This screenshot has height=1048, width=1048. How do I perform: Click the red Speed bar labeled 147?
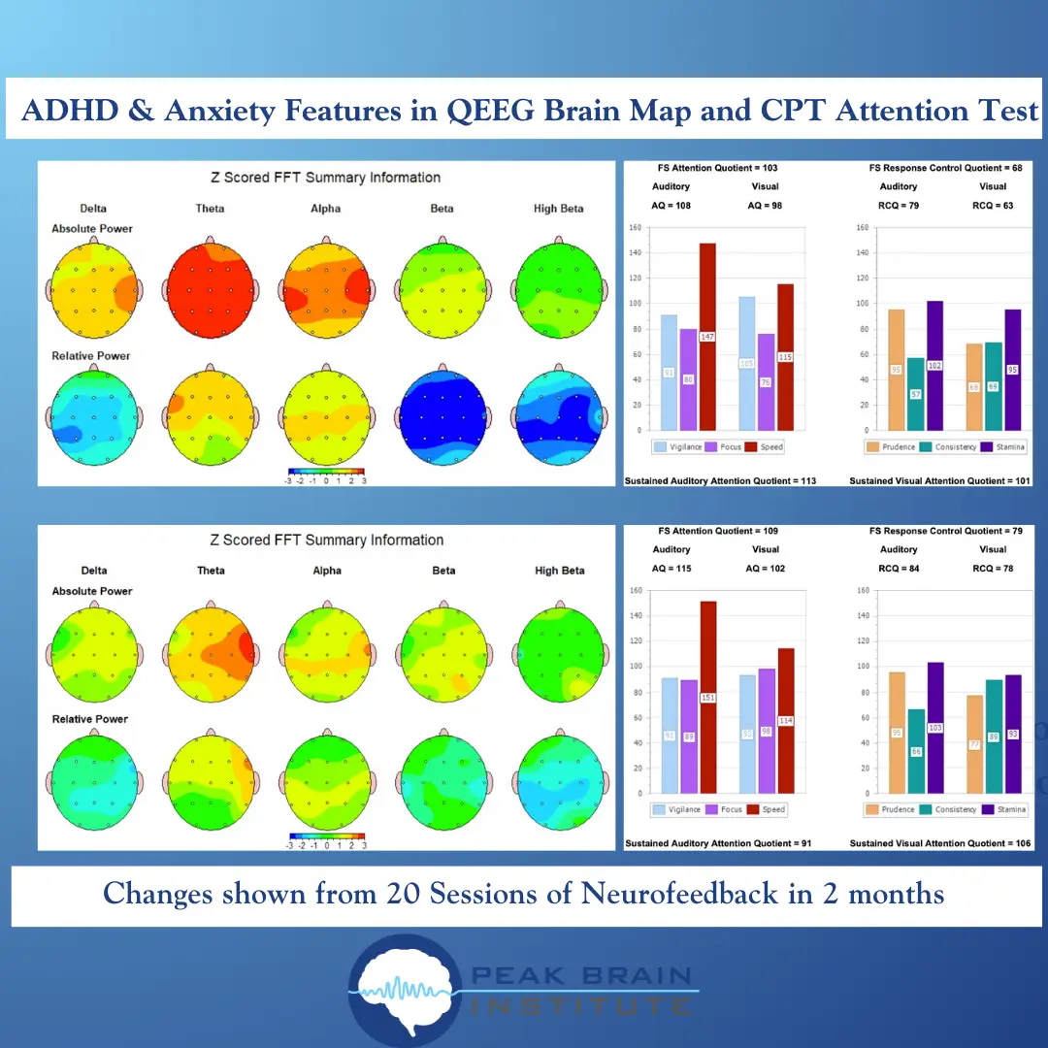[x=707, y=336]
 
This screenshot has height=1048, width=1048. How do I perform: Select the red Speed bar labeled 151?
[x=708, y=697]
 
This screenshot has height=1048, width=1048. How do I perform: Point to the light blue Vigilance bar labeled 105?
[x=746, y=363]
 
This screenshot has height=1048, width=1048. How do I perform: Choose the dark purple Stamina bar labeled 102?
[x=934, y=365]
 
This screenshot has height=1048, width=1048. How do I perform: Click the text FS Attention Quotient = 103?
[x=717, y=168]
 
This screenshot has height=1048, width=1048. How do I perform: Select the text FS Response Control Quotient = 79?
[x=938, y=531]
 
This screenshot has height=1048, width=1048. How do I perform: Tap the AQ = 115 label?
[x=671, y=568]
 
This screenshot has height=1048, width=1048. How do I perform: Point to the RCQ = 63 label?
[x=993, y=205]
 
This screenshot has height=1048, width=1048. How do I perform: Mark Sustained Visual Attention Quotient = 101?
[x=939, y=480]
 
